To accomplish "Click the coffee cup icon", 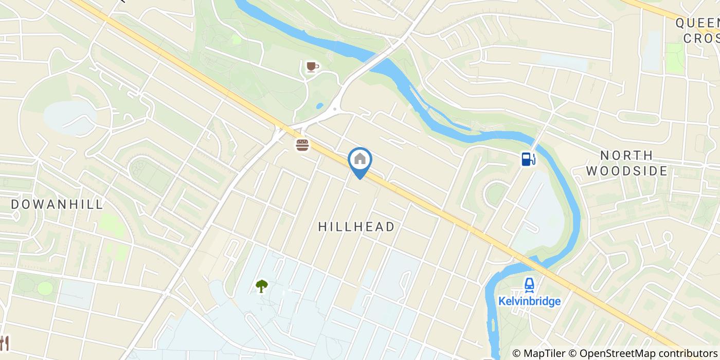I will [312, 67].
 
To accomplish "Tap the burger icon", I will [302, 145].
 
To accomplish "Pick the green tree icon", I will [262, 286].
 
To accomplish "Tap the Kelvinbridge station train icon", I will [529, 284].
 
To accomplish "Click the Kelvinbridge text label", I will [529, 301].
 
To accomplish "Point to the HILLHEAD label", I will [356, 227].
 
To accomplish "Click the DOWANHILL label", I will [57, 204].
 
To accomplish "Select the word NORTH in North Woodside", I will [626, 155].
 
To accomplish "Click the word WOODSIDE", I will [626, 171].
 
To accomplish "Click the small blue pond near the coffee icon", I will [320, 106].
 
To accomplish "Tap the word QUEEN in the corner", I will [697, 23].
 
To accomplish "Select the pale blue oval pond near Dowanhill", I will [69, 117].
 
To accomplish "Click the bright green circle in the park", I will [45, 288].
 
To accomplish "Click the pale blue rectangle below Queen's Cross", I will [564, 62].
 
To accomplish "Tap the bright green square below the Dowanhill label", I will [112, 225].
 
